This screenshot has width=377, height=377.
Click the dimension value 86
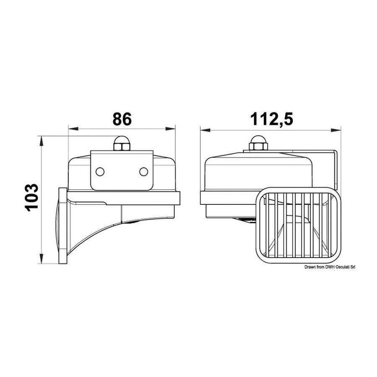(x=122, y=119)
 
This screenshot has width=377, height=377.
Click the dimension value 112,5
(x=272, y=119)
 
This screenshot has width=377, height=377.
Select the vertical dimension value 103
(x=31, y=197)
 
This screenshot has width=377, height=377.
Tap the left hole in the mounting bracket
(x=100, y=172)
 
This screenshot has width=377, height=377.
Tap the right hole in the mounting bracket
(x=144, y=172)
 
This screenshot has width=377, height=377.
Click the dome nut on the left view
(x=121, y=143)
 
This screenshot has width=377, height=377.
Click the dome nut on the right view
(x=258, y=143)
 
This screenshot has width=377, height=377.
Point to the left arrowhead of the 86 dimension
(x=73, y=129)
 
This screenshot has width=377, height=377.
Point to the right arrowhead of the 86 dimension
(x=170, y=129)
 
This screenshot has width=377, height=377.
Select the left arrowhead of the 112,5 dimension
(x=205, y=130)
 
